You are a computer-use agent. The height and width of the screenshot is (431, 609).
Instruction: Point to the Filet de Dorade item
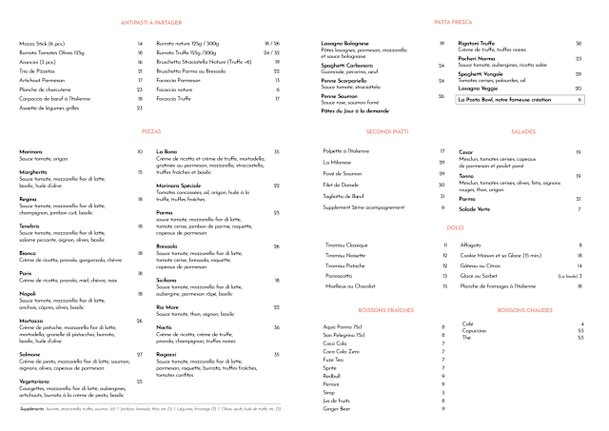point(341,184)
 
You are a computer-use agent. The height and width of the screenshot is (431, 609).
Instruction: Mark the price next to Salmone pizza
point(140,354)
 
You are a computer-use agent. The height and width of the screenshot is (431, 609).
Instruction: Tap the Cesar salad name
point(465,151)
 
